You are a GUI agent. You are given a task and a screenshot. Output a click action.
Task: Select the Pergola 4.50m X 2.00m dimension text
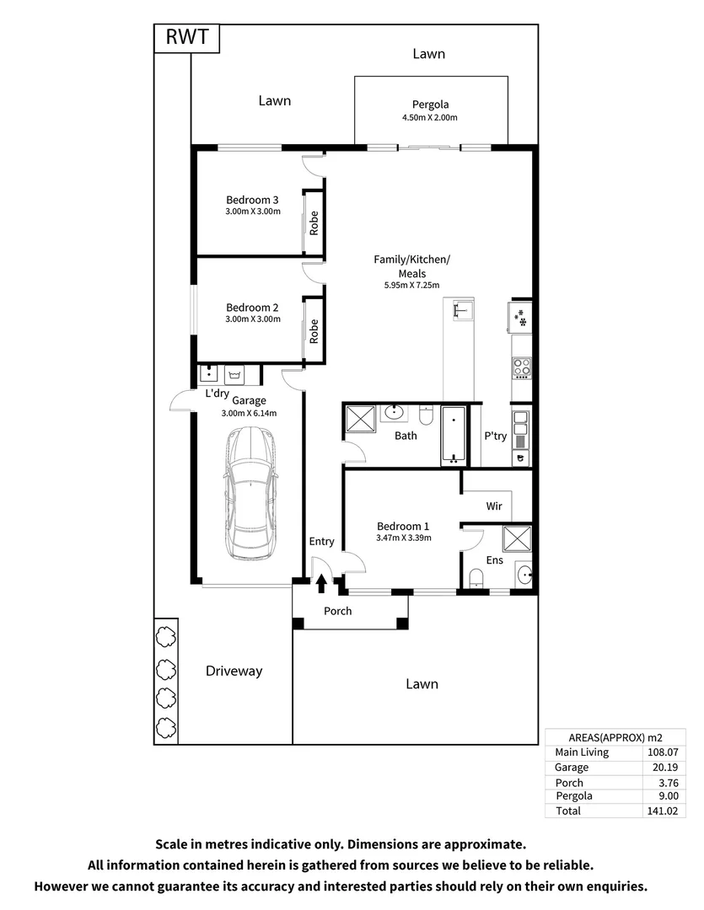pyautogui.click(x=430, y=118)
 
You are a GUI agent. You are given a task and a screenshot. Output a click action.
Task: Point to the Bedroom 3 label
pyautogui.click(x=252, y=200)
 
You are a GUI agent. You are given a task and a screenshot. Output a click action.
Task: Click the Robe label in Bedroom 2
pyautogui.click(x=314, y=330)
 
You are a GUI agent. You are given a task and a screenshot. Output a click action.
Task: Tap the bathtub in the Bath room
pyautogui.click(x=454, y=435)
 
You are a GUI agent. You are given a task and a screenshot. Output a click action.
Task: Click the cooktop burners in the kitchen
pyautogui.click(x=522, y=367)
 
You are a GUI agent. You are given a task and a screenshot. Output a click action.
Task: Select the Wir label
pyautogui.click(x=495, y=506)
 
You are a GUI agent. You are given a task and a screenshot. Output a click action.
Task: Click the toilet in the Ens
pyautogui.click(x=476, y=576)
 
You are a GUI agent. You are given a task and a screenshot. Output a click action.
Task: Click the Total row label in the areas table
pyautogui.click(x=568, y=811)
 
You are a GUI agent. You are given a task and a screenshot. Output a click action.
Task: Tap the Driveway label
pyautogui.click(x=234, y=672)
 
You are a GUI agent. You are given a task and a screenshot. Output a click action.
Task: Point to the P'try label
pyautogui.click(x=494, y=436)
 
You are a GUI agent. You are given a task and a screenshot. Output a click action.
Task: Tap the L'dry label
pyautogui.click(x=217, y=393)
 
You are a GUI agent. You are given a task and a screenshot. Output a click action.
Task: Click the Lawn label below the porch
pyautogui.click(x=421, y=684)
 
